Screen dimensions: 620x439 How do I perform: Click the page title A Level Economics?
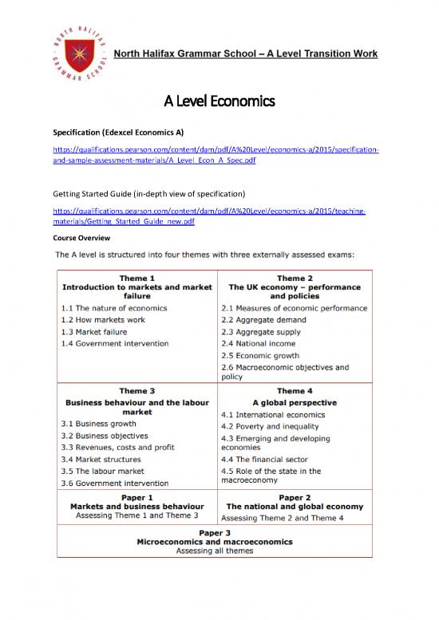coord(219,101)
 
